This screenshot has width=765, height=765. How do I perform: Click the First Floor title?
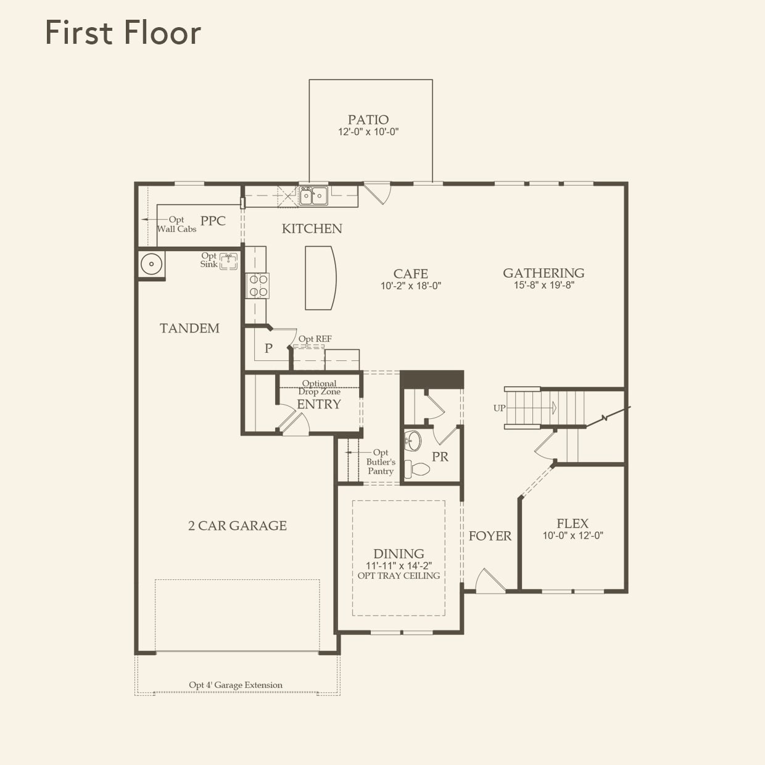(x=123, y=33)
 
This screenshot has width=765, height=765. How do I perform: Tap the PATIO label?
(x=368, y=120)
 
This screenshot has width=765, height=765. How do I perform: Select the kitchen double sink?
(x=313, y=196)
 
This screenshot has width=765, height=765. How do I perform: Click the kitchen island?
(x=320, y=278)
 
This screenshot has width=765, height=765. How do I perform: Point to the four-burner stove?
(x=258, y=286)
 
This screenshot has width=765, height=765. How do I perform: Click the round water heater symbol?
(x=151, y=265)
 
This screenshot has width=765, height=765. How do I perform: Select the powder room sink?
(x=413, y=440)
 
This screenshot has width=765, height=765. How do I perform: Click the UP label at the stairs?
(x=499, y=408)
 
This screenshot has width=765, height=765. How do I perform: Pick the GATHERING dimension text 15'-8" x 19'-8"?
(x=544, y=286)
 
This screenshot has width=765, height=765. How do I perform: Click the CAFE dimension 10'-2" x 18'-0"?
(x=411, y=286)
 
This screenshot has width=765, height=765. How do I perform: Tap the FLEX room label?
(x=573, y=523)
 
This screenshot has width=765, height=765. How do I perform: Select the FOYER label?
(x=490, y=536)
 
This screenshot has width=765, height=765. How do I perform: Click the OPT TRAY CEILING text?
(x=399, y=576)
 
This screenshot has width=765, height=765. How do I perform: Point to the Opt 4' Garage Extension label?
(x=236, y=685)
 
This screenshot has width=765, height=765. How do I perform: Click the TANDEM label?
(x=189, y=328)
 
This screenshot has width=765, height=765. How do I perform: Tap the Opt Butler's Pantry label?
(x=381, y=461)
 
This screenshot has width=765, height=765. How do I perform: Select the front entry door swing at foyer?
(x=489, y=581)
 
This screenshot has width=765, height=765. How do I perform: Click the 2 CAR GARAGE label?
(x=238, y=526)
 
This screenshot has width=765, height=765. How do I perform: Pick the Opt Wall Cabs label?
(x=176, y=225)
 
